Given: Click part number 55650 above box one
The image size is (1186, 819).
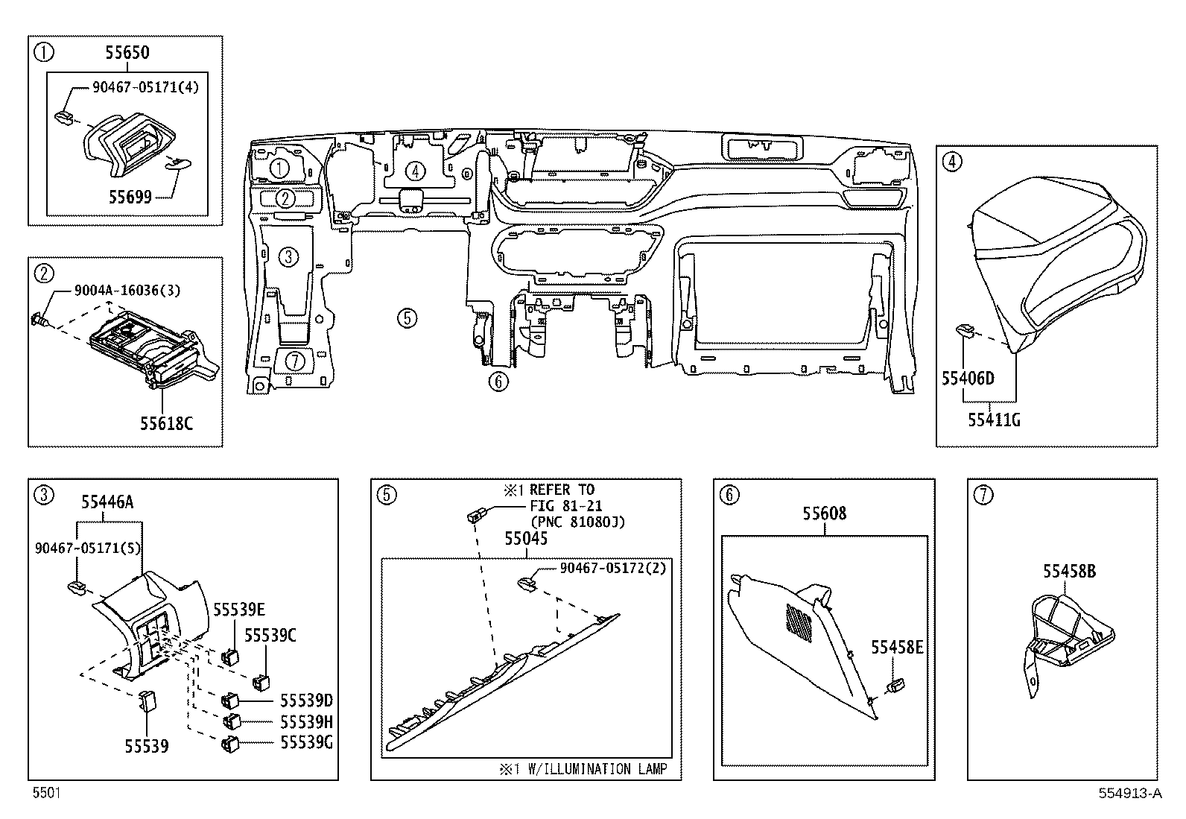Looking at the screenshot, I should tap(127, 52).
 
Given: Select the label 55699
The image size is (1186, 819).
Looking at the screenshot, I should tap(130, 197).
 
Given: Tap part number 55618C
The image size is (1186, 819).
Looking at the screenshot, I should tap(166, 423).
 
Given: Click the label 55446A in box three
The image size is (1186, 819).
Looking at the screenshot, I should tap(107, 502).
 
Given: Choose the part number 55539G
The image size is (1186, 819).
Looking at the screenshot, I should tap(305, 742).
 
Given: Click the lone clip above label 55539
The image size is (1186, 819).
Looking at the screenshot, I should tap(146, 700).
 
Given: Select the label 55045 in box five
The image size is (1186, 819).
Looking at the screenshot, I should tap(526, 538).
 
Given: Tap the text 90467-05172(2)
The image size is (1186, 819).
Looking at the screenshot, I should tap(612, 568).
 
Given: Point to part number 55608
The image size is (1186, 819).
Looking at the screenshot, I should tap(824, 513).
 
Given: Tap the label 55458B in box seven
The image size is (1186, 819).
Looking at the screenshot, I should tap(1069, 572).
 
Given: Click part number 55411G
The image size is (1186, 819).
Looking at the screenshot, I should tap(994, 420).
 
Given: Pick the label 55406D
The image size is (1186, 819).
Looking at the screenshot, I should tap(968, 379).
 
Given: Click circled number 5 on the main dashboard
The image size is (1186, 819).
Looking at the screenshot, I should tap(406, 318).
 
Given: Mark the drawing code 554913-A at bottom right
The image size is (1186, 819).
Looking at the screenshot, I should tap(1129, 794).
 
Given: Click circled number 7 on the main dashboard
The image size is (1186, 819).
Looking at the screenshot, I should tap(295, 361).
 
